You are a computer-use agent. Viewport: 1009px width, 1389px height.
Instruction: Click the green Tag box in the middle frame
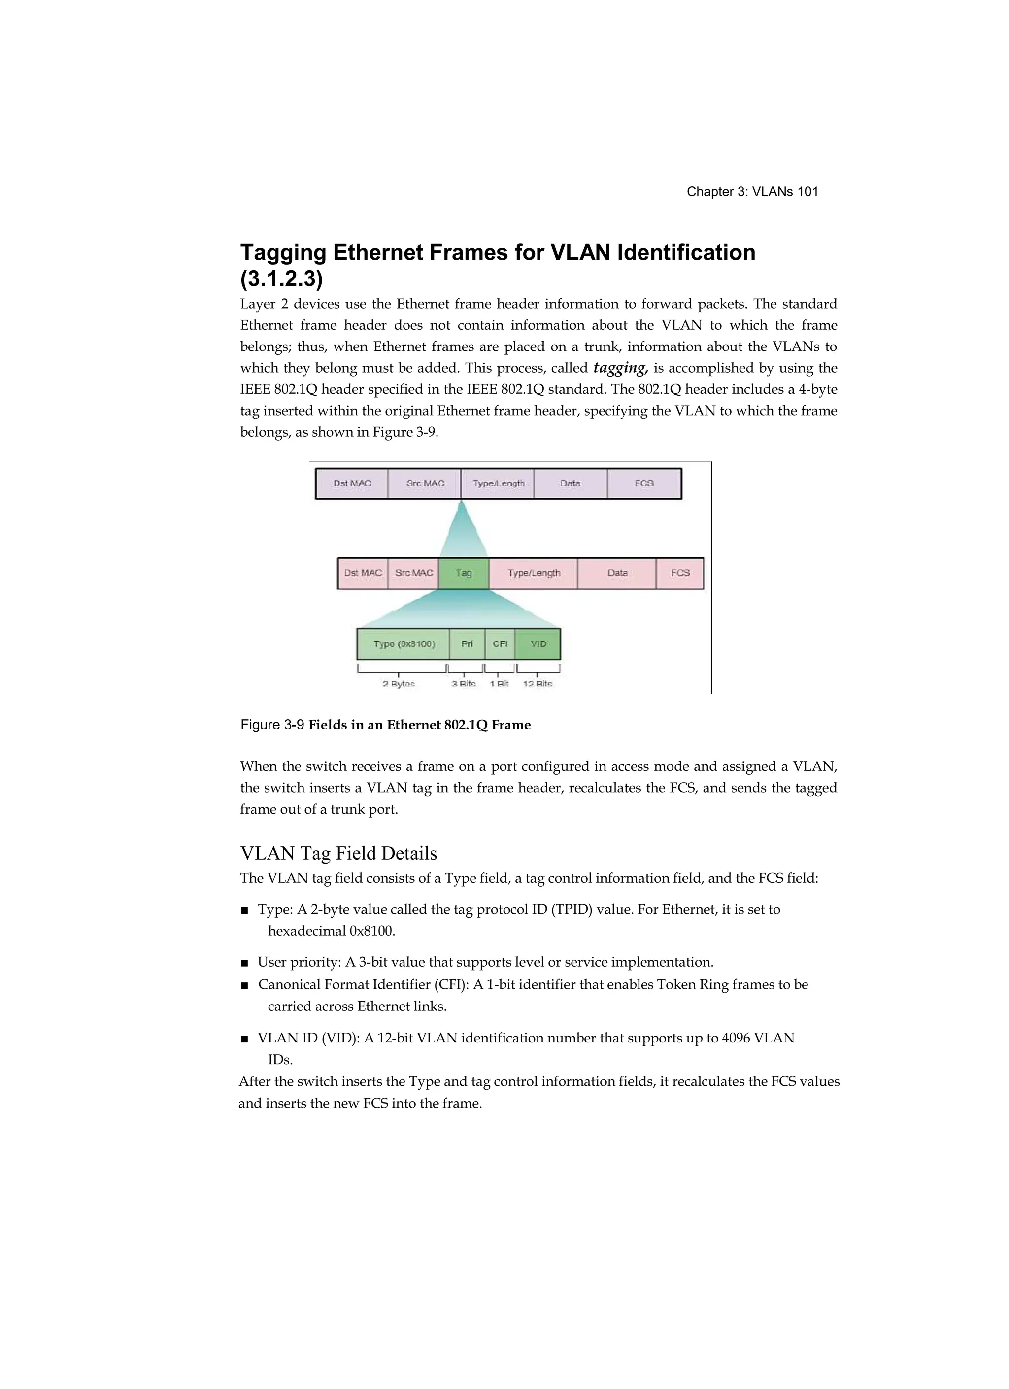pos(464,573)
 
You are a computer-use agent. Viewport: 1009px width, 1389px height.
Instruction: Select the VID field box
pos(538,644)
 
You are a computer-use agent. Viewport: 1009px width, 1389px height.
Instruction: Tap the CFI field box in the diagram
pos(500,644)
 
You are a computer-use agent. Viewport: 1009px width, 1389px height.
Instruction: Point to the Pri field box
pos(467,644)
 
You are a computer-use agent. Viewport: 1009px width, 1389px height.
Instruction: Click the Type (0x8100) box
pos(404,644)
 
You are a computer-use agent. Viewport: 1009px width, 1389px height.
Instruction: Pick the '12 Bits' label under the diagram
pos(538,684)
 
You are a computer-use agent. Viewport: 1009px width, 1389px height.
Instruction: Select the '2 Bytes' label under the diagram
pos(399,684)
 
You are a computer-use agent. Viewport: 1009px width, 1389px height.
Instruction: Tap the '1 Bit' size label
pos(499,684)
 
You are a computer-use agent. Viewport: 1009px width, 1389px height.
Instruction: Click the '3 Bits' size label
pos(464,684)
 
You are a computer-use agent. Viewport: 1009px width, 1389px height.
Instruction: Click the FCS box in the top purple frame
pos(644,483)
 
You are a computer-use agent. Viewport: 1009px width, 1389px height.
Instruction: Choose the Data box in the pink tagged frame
pos(617,573)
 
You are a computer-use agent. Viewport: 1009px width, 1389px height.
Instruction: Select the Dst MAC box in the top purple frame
pos(352,483)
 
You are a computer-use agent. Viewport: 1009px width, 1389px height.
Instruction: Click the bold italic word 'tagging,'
pos(620,368)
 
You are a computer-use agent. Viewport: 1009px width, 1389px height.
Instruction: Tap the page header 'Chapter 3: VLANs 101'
pos(752,192)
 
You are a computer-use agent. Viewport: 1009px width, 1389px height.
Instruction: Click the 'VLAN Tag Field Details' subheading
pos(338,853)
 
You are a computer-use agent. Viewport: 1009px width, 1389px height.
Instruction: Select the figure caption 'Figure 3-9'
pos(272,725)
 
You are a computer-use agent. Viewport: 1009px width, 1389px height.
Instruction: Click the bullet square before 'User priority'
pos(244,963)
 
